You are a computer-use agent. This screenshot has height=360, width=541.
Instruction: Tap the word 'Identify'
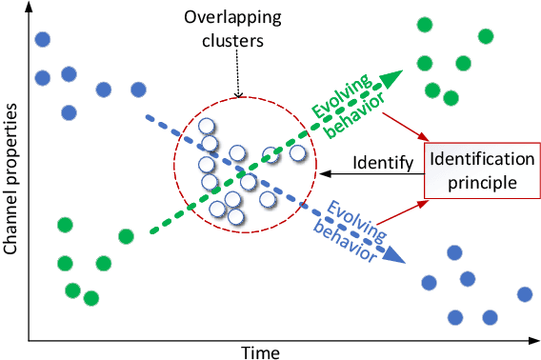381,164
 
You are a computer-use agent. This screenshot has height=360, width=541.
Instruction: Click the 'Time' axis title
260,351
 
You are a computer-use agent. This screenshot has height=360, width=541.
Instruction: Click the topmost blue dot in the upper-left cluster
42,39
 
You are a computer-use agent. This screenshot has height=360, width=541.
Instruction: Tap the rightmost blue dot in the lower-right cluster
524,294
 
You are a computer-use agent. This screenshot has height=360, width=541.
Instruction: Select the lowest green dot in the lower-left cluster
91,298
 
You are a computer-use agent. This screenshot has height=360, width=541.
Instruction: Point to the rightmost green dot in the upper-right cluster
486,37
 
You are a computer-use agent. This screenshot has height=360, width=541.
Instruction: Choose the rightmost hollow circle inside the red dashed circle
298,151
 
